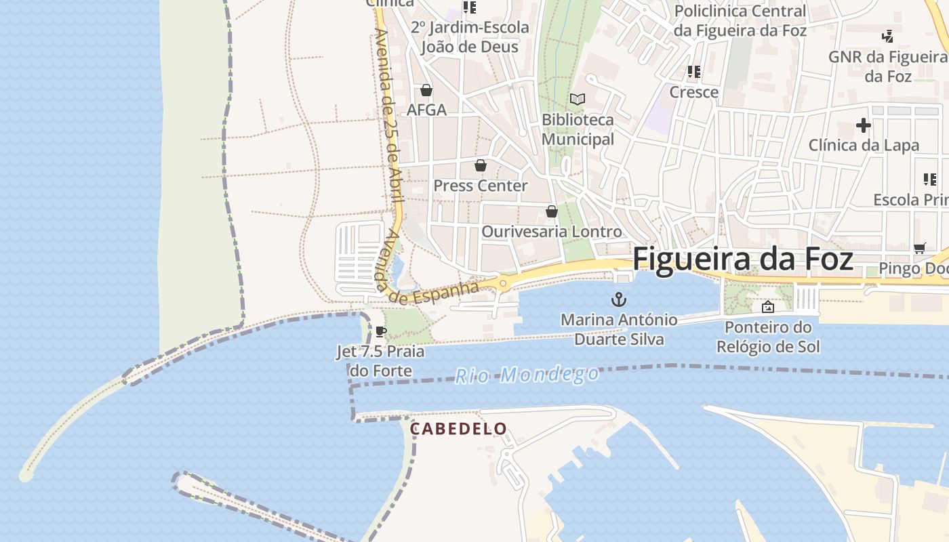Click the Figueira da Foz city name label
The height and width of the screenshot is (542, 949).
coord(742,259)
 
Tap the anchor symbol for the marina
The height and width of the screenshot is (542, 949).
coord(618,299)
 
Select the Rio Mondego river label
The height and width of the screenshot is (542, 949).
coord(527,375)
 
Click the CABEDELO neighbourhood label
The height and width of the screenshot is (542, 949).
coord(458,429)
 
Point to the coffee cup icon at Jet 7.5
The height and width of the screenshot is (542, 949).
coord(380,331)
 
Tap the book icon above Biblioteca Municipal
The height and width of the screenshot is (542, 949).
coord(577,100)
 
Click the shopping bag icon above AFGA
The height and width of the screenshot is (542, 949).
coord(426,90)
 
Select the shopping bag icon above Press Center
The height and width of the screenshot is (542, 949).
coord(480,165)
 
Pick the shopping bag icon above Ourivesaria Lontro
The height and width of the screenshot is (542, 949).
coord(551,211)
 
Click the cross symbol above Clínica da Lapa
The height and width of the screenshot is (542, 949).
coord(863,125)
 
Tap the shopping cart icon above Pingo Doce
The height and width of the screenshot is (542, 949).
coord(919,249)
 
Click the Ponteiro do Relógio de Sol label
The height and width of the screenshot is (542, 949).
coord(768,337)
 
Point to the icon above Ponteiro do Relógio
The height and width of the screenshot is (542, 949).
coord(767,307)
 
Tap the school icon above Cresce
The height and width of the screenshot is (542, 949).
coord(693,71)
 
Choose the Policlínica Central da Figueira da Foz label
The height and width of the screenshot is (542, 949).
coord(740,21)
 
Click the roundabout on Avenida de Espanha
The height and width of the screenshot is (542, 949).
coord(502,283)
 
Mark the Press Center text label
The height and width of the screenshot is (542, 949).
coord(480,186)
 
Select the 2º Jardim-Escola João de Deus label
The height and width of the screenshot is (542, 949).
coord(469,37)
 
